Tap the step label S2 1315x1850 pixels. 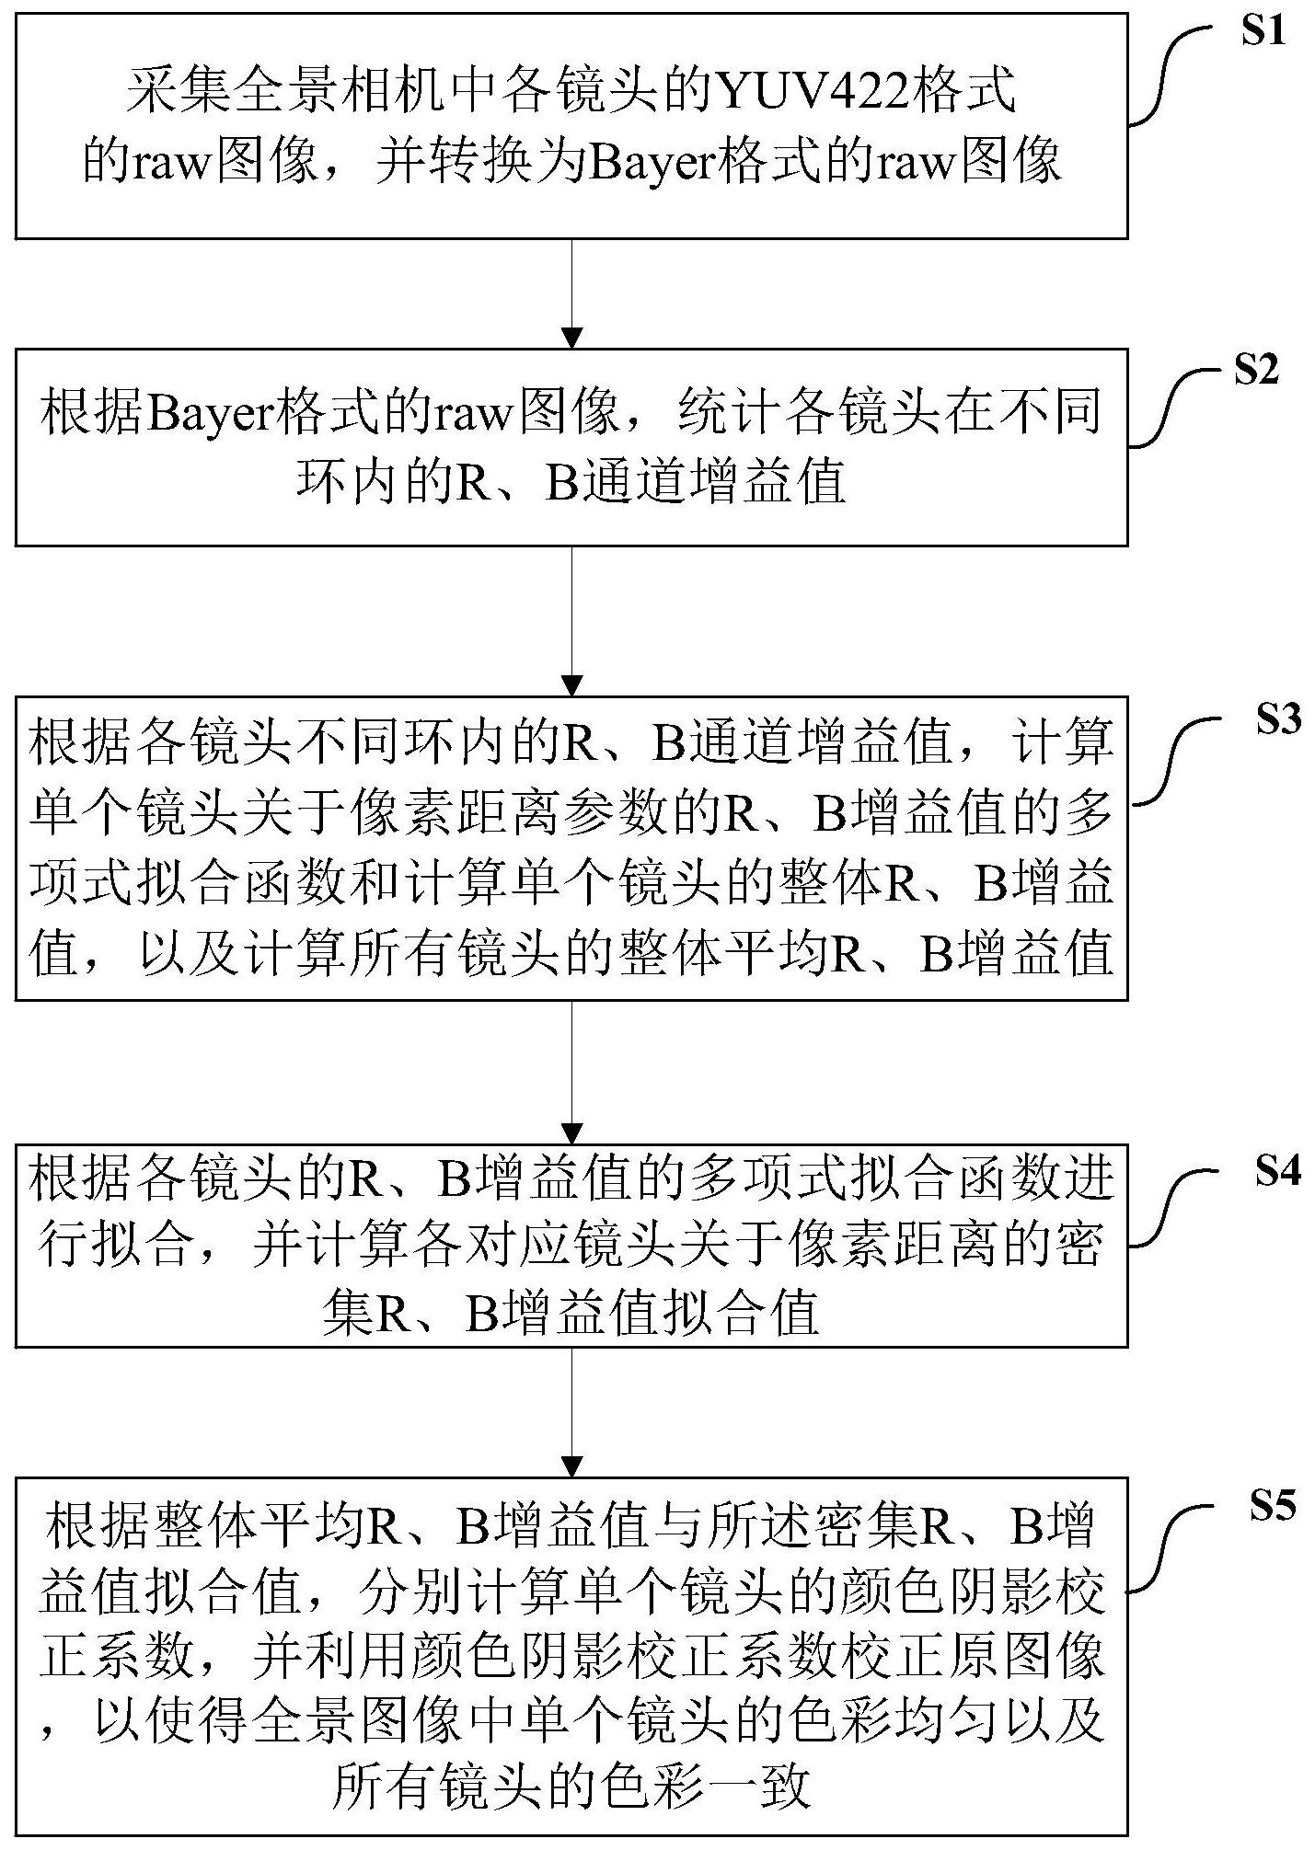click(x=1255, y=370)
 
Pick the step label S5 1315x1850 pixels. click(x=1272, y=1506)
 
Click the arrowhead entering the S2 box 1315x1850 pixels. click(x=572, y=338)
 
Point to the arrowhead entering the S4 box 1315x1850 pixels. click(x=572, y=1132)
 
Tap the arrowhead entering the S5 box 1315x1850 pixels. click(x=572, y=1465)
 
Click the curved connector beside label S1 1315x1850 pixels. click(x=1171, y=74)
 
